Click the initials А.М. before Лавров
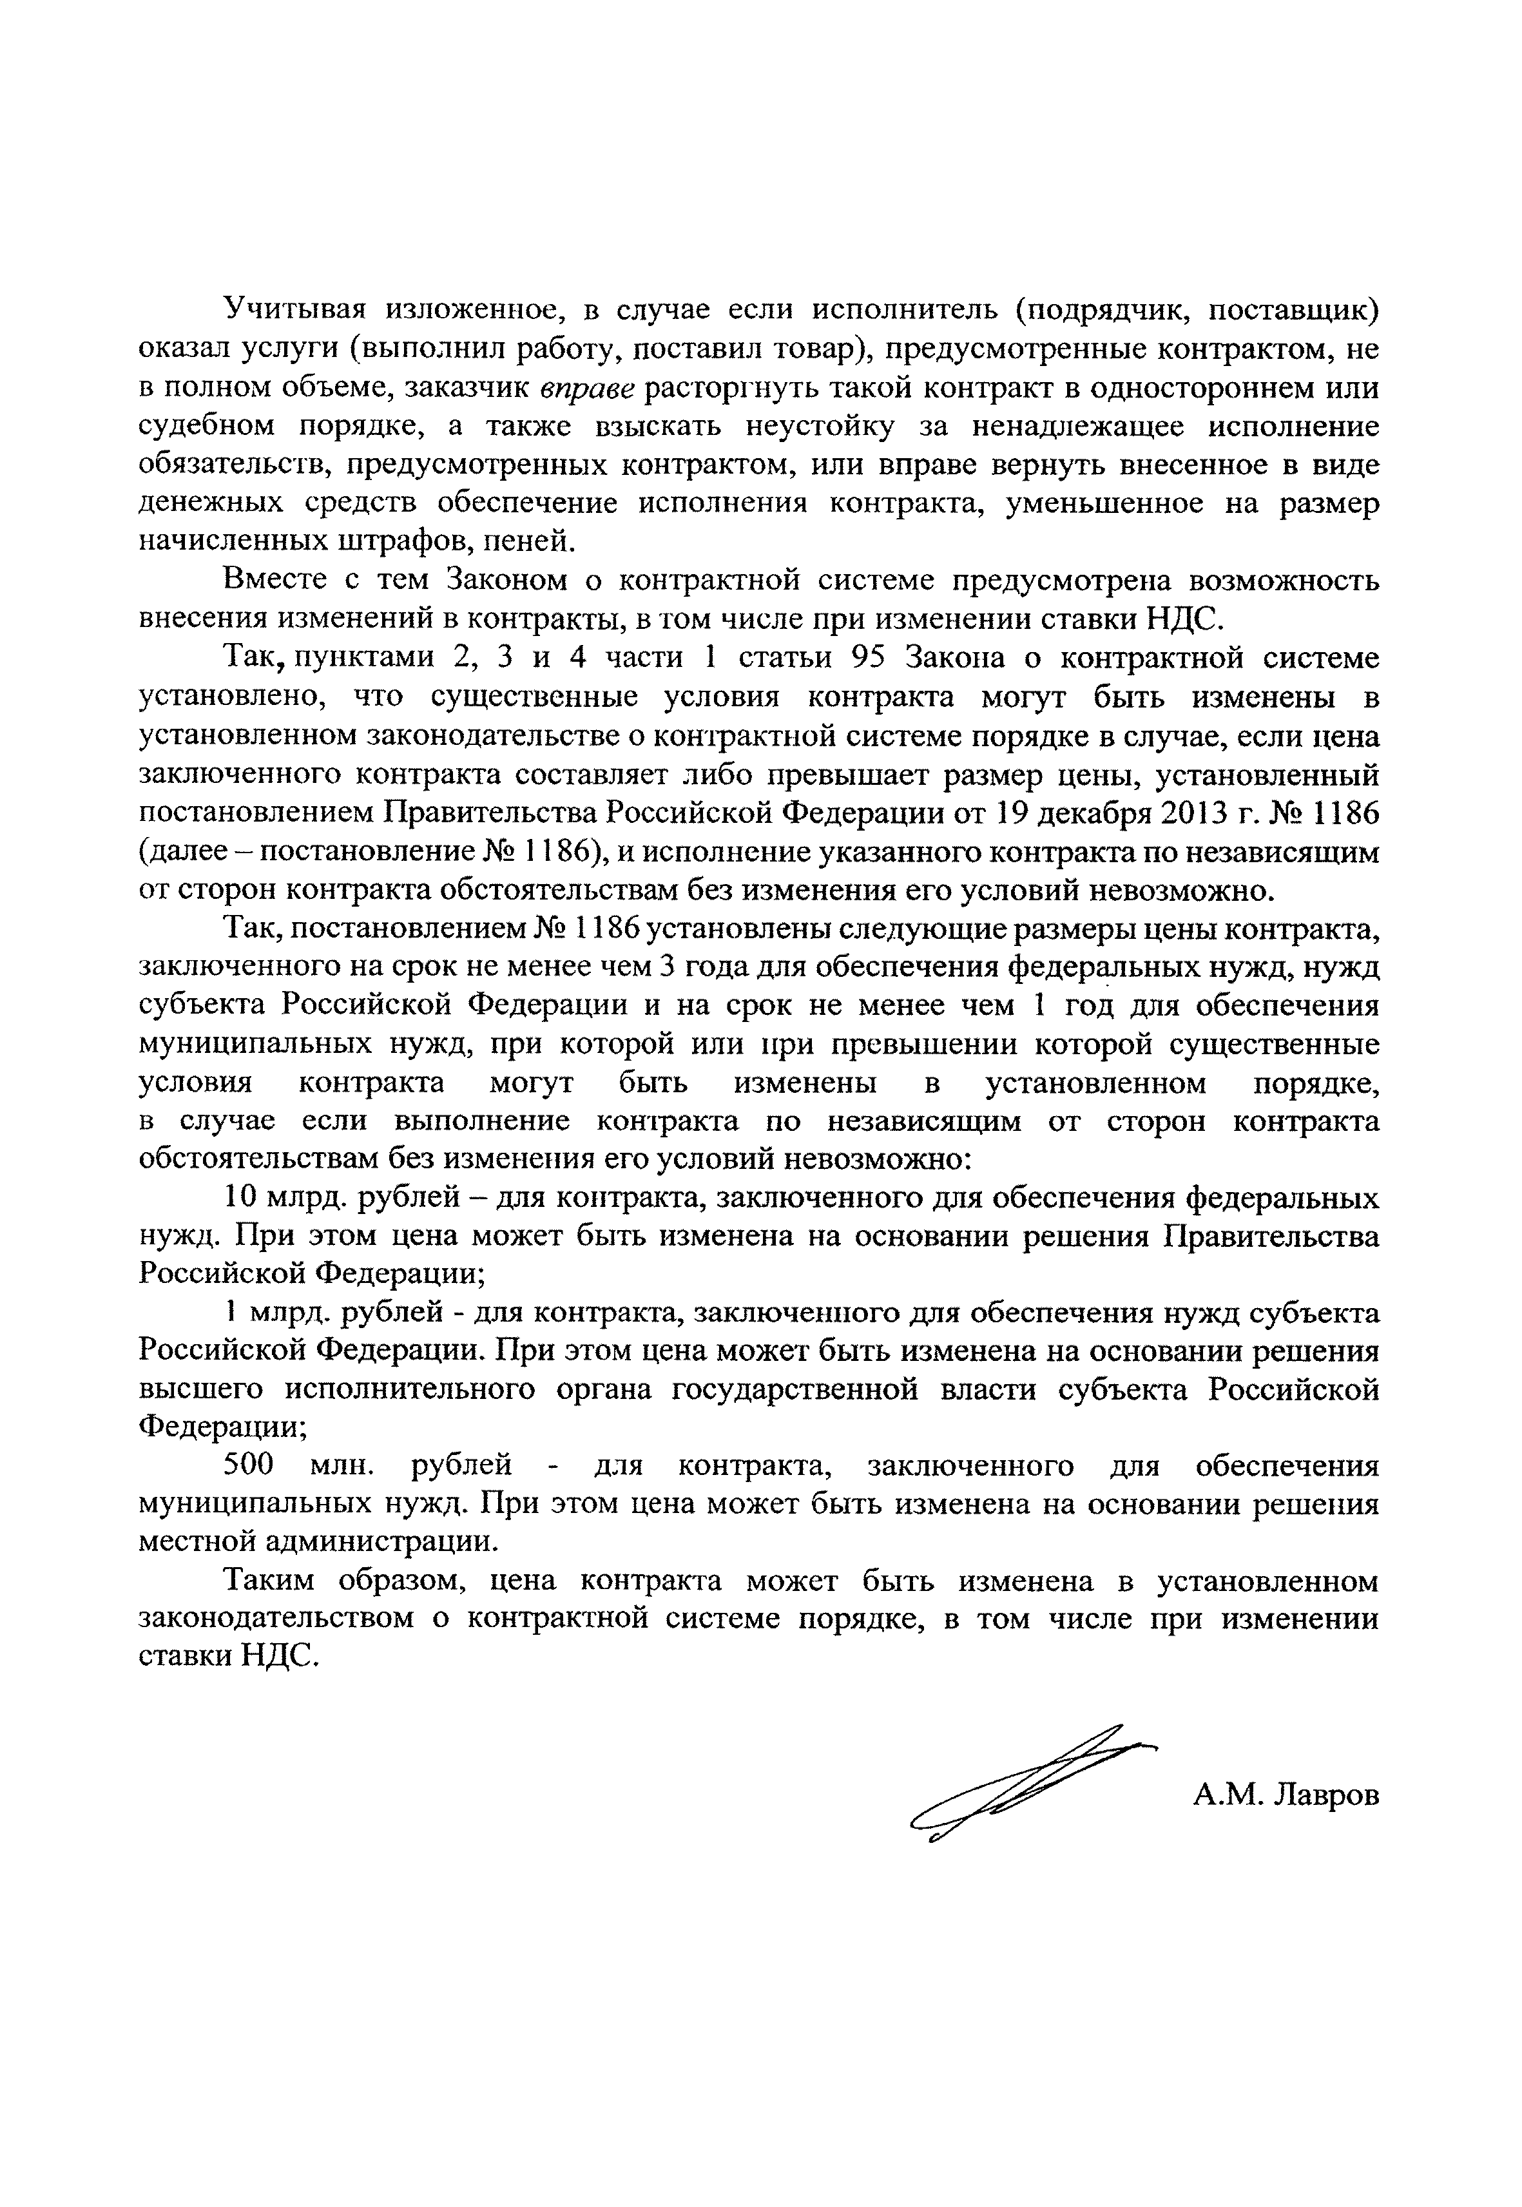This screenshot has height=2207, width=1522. click(x=1228, y=1796)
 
